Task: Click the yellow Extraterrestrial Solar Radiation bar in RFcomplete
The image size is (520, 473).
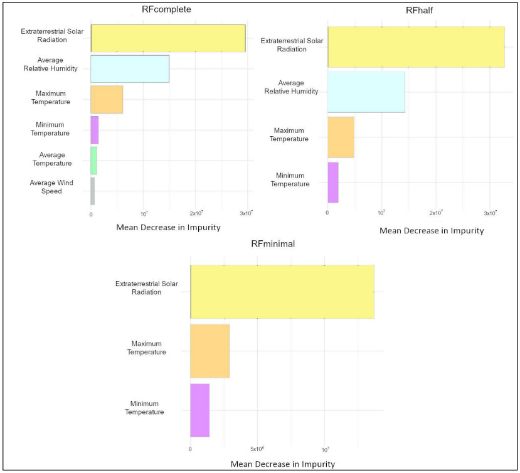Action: pyautogui.click(x=167, y=38)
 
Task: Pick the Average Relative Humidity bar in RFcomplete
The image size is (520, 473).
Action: pyautogui.click(x=129, y=68)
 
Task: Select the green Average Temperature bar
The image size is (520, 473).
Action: pyautogui.click(x=93, y=160)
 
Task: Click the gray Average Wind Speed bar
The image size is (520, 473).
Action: pyautogui.click(x=92, y=191)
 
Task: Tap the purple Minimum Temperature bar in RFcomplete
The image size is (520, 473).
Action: pyautogui.click(x=94, y=130)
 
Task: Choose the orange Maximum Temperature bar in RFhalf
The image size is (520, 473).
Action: pyautogui.click(x=341, y=137)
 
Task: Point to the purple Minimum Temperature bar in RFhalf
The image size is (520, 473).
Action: pyautogui.click(x=332, y=182)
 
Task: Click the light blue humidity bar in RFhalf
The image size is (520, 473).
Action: pyautogui.click(x=366, y=92)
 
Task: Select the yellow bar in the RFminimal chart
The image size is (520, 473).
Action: pyautogui.click(x=282, y=292)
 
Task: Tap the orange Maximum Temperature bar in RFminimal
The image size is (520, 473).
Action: pyautogui.click(x=210, y=351)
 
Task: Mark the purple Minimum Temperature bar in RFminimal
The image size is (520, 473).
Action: pyautogui.click(x=199, y=410)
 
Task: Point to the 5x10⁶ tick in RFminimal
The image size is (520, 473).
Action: pyautogui.click(x=257, y=449)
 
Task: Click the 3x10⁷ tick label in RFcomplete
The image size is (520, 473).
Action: pyautogui.click(x=246, y=214)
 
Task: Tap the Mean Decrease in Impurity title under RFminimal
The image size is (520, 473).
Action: pyautogui.click(x=282, y=464)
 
